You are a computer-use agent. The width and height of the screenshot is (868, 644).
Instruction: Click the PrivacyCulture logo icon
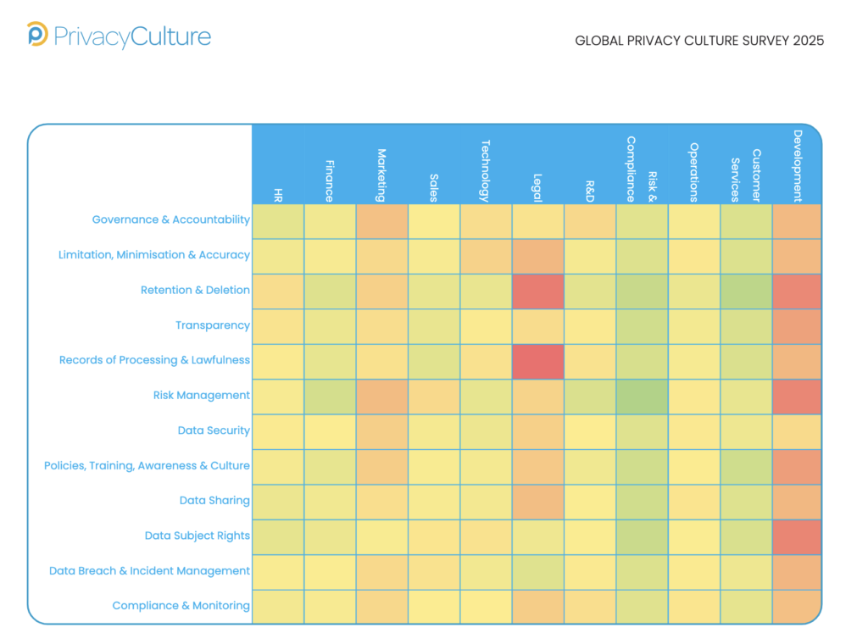pos(37,35)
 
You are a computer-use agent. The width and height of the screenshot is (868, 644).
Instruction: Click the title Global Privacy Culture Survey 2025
pos(699,41)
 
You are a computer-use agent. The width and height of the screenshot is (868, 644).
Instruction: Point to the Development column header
pos(797,165)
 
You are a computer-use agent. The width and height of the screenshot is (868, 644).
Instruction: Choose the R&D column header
pos(590,191)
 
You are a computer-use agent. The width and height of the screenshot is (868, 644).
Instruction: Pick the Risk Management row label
pos(202,395)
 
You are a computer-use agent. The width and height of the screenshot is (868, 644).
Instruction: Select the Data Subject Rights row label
pos(198,536)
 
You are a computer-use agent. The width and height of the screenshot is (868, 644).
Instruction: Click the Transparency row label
pos(213,325)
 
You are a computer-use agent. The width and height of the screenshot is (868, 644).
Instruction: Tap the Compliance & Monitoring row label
pos(181,606)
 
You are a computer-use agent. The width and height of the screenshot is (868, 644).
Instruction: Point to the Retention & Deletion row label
pos(195,290)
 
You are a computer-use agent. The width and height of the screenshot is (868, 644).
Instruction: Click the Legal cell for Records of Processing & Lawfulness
pos(537,361)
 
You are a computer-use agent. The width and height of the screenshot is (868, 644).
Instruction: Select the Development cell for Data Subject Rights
pos(797,536)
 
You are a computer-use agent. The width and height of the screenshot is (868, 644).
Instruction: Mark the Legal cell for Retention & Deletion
pos(537,291)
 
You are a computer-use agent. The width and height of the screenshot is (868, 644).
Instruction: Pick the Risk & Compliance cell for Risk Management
pos(642,396)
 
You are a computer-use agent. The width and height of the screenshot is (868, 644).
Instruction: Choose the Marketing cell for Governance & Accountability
pos(382,221)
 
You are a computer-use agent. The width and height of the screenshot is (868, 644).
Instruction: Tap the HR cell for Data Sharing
pos(278,501)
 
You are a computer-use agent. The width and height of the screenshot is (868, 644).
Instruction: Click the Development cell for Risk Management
pos(797,396)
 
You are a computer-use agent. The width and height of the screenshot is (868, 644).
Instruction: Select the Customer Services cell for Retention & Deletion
pos(746,291)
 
